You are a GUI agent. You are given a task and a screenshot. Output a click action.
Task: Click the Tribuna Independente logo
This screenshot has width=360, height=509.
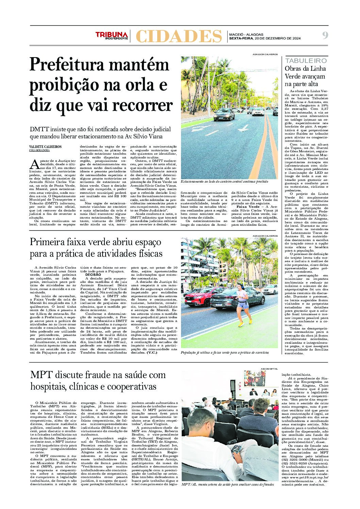(112, 35)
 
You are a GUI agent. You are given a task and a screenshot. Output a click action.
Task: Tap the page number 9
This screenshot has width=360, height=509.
(325, 35)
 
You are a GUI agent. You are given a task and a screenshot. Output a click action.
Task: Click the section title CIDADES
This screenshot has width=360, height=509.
(178, 36)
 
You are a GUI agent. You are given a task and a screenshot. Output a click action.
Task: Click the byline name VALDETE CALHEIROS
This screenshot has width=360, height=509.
(46, 147)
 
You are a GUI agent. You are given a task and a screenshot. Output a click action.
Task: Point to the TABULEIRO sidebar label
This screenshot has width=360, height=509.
(306, 61)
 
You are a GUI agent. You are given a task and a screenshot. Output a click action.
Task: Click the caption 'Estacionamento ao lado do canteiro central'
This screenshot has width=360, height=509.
(225, 182)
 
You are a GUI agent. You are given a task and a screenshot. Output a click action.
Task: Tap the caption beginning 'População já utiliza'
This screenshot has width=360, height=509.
(225, 353)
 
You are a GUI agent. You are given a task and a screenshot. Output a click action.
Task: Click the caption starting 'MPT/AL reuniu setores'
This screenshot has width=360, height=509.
(227, 484)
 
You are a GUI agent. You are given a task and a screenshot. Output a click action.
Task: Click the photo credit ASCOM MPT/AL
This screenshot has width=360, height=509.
(269, 369)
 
